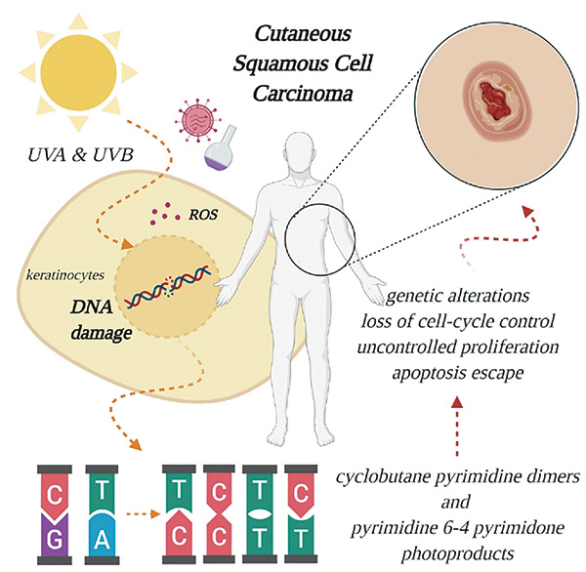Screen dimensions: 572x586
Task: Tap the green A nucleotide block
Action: [104, 530]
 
